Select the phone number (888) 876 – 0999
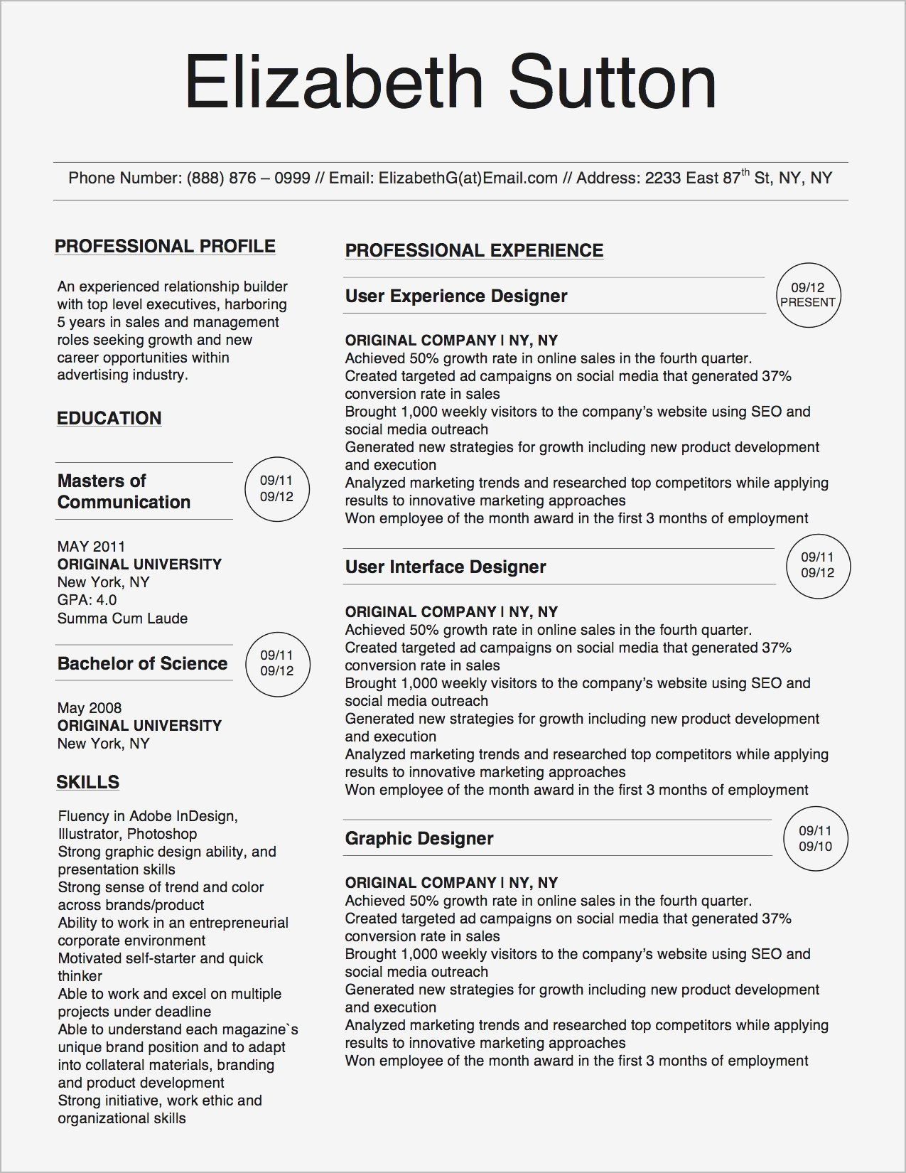(x=248, y=178)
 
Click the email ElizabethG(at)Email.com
(x=468, y=178)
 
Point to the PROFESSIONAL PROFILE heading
(x=165, y=247)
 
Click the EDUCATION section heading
(x=109, y=418)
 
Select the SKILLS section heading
(x=87, y=782)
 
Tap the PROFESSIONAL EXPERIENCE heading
(x=474, y=250)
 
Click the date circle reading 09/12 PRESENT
(x=807, y=295)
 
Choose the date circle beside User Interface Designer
(x=817, y=565)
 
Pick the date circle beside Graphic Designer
(x=815, y=838)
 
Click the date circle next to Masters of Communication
(x=276, y=489)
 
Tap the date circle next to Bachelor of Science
(x=276, y=663)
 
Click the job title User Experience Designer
(x=456, y=296)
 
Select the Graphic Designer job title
(x=419, y=839)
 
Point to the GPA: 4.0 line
(x=87, y=600)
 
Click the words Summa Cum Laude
(x=122, y=618)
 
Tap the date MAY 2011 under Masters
(x=91, y=547)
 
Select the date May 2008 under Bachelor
(x=90, y=708)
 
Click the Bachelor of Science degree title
(x=142, y=664)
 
